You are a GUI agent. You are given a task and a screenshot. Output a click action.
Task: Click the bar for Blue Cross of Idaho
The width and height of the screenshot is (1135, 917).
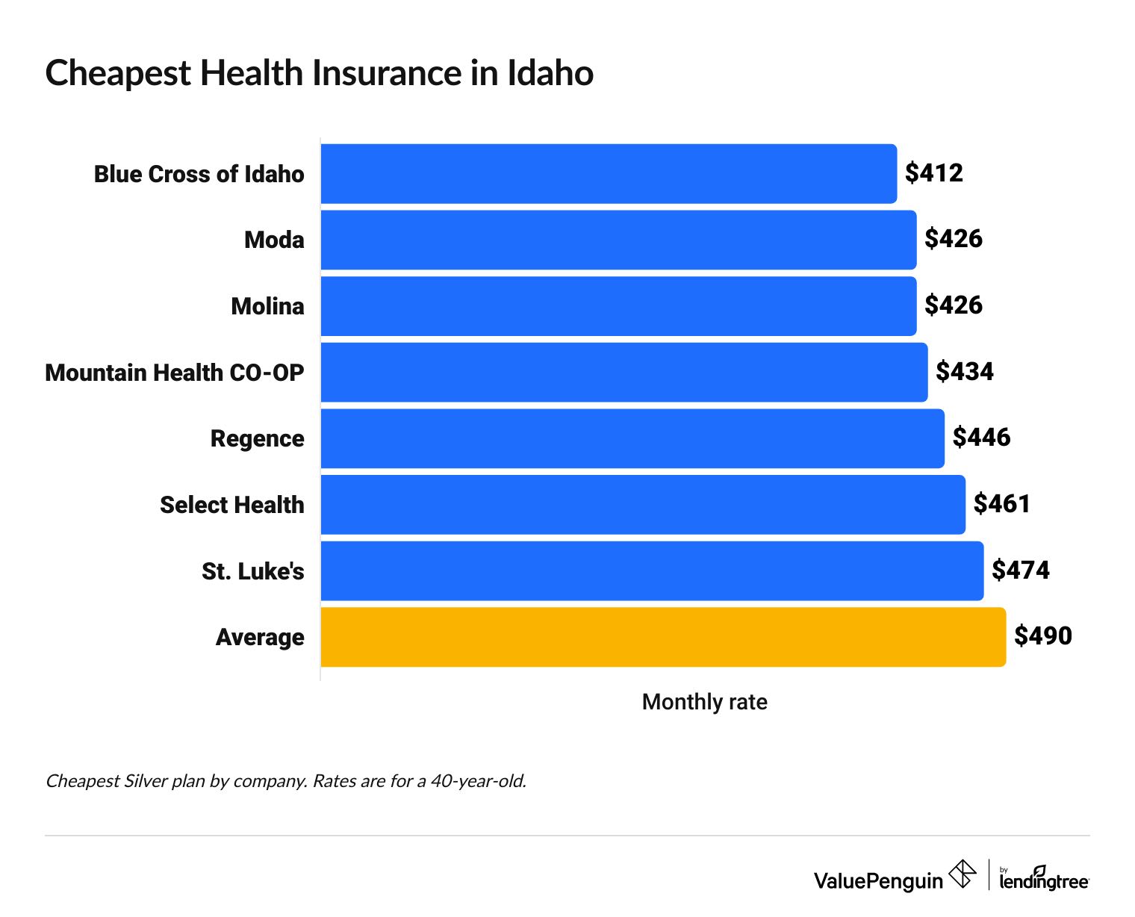609,173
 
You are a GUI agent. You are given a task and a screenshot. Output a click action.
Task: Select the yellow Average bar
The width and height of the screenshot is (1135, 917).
663,637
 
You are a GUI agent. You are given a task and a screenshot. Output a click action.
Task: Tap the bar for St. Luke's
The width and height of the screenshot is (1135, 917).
652,571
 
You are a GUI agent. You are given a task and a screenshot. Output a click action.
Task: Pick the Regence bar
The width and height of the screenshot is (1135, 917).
632,438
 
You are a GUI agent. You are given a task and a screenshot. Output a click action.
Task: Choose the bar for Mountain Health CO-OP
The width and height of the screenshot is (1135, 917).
624,372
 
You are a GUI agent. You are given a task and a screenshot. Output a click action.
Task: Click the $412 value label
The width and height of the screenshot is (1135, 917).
933,173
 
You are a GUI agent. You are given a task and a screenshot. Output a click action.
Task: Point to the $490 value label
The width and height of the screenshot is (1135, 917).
1042,636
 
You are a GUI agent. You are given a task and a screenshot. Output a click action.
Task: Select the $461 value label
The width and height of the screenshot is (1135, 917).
1001,504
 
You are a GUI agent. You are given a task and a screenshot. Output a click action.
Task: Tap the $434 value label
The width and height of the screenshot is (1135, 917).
964,372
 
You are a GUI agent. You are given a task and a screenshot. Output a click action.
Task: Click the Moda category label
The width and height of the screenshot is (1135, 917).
274,240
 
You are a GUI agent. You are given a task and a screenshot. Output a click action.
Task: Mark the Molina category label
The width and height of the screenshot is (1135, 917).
267,306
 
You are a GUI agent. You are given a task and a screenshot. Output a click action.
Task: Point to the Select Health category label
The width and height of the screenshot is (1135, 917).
231,505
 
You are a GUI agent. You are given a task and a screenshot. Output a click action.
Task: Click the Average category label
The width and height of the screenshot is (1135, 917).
260,637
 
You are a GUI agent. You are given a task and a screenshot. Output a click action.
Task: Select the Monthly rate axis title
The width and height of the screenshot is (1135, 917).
704,702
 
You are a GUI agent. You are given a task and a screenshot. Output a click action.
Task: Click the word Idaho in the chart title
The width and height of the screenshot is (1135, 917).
550,73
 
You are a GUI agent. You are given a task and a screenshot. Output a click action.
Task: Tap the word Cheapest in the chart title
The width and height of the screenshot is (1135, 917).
118,73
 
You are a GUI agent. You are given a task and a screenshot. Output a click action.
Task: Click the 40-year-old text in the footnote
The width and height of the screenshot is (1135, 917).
478,781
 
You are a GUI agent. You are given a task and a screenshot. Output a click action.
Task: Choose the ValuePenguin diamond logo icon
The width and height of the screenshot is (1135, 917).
962,874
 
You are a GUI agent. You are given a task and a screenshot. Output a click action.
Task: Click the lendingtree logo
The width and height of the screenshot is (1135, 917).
1044,878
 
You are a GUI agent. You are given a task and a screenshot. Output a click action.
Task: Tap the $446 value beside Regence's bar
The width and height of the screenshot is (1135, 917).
981,438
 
